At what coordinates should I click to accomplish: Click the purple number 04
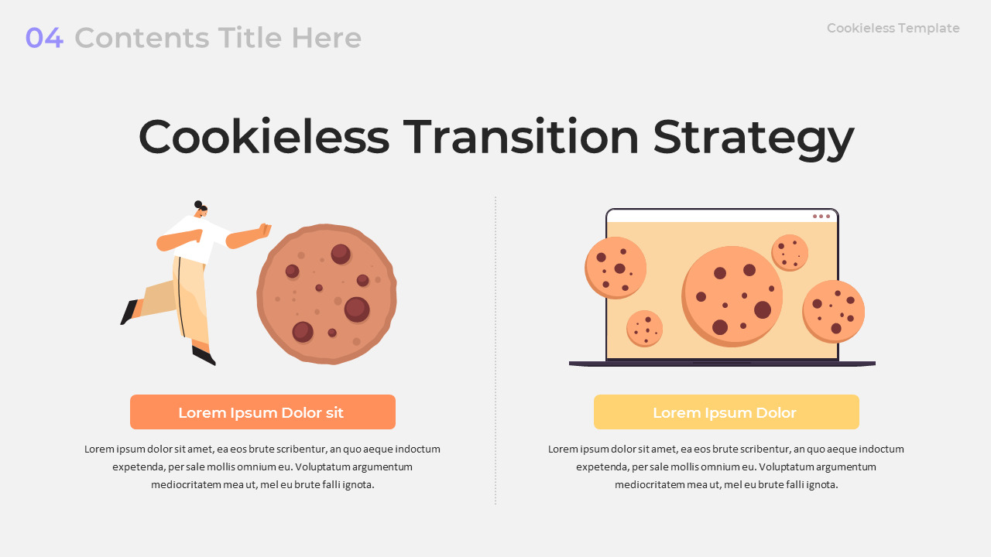tap(44, 38)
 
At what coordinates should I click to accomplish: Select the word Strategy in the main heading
tap(753, 138)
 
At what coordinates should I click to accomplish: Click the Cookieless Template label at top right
tap(893, 29)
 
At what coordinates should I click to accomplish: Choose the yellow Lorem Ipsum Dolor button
tap(726, 412)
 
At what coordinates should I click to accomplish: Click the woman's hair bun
tap(198, 204)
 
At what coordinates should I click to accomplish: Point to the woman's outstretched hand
tap(265, 231)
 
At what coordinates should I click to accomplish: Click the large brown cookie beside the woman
tap(327, 295)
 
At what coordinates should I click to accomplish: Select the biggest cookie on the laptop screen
tap(732, 296)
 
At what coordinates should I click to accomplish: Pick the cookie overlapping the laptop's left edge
tap(616, 268)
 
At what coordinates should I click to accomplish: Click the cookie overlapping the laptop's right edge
tap(834, 312)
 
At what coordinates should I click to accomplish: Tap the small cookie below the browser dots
tap(790, 253)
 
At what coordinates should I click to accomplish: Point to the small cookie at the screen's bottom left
tap(645, 329)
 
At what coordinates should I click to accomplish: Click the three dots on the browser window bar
tap(821, 216)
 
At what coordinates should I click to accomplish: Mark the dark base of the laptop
tap(722, 364)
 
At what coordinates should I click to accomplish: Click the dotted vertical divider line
tap(495, 350)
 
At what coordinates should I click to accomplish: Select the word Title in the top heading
tap(249, 38)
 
